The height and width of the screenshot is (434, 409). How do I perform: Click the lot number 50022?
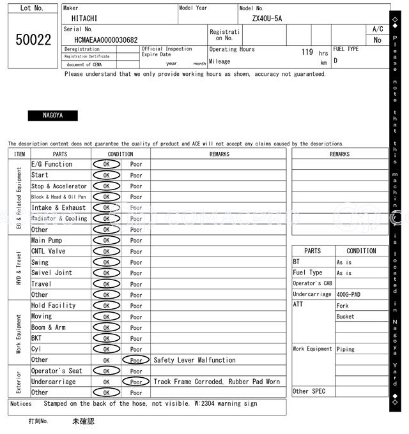click(x=33, y=40)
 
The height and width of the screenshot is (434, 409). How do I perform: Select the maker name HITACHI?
click(x=85, y=19)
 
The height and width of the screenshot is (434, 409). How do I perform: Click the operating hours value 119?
click(x=307, y=52)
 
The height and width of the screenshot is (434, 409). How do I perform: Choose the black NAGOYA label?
click(x=52, y=116)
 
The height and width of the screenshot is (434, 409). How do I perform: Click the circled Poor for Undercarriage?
click(x=135, y=382)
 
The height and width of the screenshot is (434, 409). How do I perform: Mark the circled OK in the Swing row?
click(x=106, y=262)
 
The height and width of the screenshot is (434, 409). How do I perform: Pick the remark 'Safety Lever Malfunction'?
click(x=194, y=360)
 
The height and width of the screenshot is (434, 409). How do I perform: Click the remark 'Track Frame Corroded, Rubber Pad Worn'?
click(x=217, y=382)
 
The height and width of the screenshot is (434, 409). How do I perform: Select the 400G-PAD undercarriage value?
click(x=349, y=295)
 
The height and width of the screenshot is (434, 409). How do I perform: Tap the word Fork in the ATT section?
click(x=343, y=306)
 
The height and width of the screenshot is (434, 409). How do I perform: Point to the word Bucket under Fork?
click(x=345, y=317)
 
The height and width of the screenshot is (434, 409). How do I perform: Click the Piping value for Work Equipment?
click(x=346, y=349)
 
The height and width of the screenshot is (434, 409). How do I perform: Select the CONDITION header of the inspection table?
click(x=120, y=154)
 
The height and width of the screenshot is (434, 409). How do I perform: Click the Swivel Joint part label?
click(x=52, y=273)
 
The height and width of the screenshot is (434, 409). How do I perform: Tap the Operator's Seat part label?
click(x=57, y=371)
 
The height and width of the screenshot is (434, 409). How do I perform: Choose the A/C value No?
click(x=377, y=40)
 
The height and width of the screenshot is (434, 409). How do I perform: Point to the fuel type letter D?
click(x=336, y=61)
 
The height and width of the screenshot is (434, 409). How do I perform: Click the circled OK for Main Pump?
click(x=106, y=241)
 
